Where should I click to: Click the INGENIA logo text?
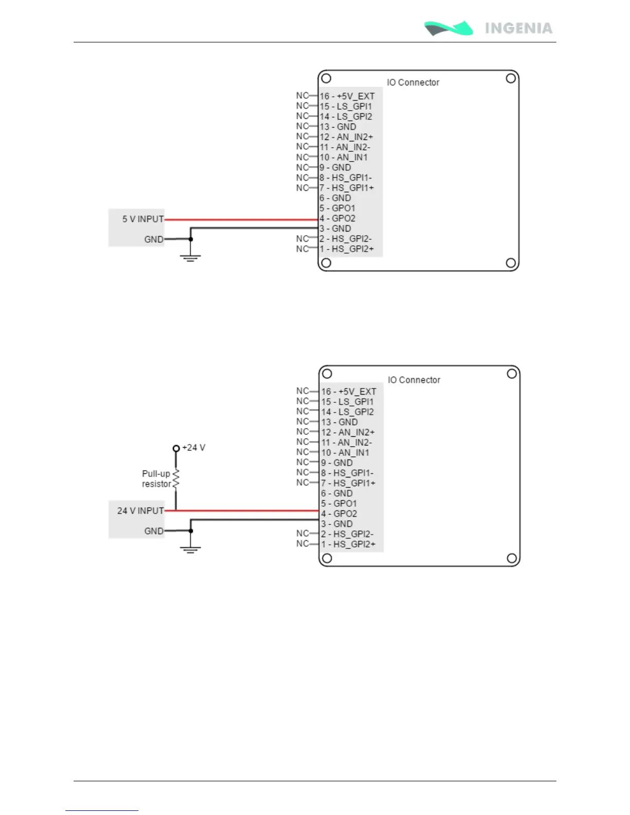[x=518, y=28]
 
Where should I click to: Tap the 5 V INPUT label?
[x=143, y=219]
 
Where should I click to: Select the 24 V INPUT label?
[x=140, y=511]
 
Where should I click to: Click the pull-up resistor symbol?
[x=176, y=479]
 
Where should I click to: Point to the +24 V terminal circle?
[x=176, y=448]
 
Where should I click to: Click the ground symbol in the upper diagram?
[x=190, y=257]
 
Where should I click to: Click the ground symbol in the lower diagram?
[x=190, y=549]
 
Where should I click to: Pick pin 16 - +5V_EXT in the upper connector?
[x=347, y=96]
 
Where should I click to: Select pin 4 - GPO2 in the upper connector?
[x=338, y=219]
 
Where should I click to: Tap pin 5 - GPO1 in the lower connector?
[x=339, y=504]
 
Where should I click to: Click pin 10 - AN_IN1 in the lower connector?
[x=345, y=453]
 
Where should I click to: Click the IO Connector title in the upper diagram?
[x=413, y=82]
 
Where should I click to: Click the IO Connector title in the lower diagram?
[x=414, y=380]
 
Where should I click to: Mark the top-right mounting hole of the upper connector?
[x=511, y=79]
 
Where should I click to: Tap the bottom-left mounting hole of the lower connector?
[x=327, y=558]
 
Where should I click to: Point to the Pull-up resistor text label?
[x=156, y=479]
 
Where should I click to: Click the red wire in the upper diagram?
[x=242, y=220]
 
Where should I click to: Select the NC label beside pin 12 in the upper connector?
[x=302, y=137]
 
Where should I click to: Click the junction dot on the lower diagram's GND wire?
[x=191, y=531]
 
